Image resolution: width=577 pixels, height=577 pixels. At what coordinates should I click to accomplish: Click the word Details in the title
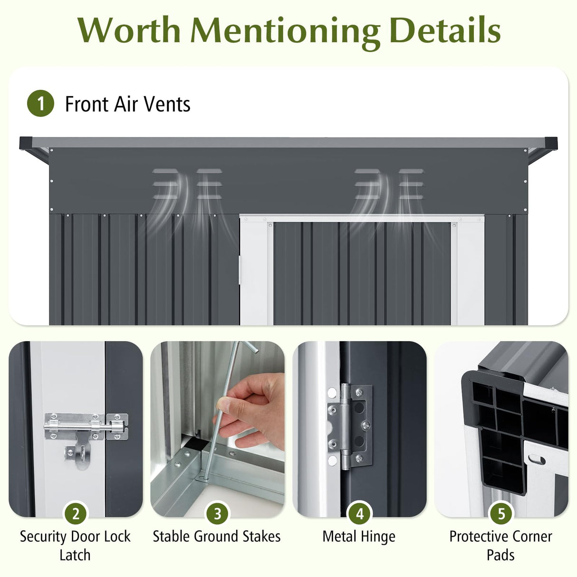(x=444, y=30)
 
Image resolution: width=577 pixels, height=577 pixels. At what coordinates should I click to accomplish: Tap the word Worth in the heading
(x=129, y=30)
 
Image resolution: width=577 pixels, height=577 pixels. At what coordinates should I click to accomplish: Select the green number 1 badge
(x=40, y=104)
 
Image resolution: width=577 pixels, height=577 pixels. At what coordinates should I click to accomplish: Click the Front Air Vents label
(x=127, y=104)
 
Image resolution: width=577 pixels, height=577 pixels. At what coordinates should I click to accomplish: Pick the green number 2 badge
(x=76, y=514)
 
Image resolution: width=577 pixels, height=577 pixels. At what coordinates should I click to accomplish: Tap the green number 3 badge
(x=217, y=514)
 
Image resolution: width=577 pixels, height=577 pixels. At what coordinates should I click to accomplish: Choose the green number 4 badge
(x=359, y=514)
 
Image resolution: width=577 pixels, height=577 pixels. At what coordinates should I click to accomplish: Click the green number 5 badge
(x=501, y=514)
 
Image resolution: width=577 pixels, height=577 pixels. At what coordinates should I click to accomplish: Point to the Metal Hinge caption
(x=359, y=537)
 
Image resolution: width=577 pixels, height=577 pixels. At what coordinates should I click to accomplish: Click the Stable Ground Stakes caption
(x=217, y=537)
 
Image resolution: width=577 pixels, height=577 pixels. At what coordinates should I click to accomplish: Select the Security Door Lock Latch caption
(x=75, y=545)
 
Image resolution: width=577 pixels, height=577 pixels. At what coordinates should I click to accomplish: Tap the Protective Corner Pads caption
(x=500, y=545)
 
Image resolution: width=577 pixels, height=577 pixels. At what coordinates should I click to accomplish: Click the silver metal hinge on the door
(x=349, y=426)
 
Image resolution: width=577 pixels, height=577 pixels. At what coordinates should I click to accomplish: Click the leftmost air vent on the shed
(x=165, y=184)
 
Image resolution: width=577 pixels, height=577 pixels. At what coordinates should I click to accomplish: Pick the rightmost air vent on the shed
(x=411, y=184)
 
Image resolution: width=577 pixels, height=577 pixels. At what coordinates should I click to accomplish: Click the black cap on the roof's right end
(x=551, y=143)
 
